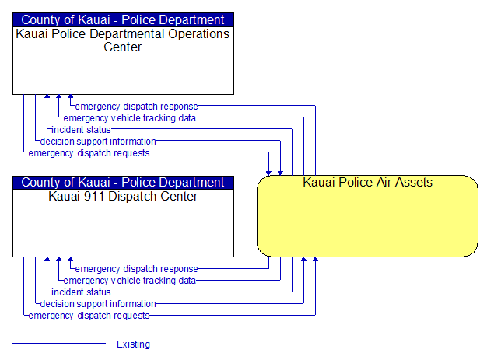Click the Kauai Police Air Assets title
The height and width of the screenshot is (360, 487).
click(x=367, y=182)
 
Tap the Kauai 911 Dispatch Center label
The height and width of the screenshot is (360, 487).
click(x=123, y=197)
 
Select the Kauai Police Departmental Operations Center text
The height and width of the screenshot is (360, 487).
click(x=123, y=40)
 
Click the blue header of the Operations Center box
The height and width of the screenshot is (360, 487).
click(x=123, y=20)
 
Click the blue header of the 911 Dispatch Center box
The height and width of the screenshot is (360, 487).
click(x=123, y=183)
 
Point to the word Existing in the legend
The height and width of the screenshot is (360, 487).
click(x=133, y=344)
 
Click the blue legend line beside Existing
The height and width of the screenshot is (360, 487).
click(x=59, y=343)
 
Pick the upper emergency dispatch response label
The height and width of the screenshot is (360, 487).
click(x=137, y=107)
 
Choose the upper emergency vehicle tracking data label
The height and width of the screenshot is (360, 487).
click(x=129, y=118)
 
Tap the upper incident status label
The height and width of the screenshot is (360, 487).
click(x=81, y=130)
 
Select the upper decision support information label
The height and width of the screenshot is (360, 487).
click(x=98, y=142)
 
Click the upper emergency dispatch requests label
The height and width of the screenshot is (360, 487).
click(x=89, y=153)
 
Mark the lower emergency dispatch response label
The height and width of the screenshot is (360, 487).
click(x=137, y=269)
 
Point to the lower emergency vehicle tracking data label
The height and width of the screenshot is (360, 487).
click(x=129, y=281)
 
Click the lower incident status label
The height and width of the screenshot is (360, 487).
click(x=81, y=292)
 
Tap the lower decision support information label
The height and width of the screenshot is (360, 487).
click(x=98, y=304)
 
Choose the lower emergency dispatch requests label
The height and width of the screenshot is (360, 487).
click(x=89, y=316)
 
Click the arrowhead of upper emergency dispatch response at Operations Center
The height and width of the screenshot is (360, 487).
click(x=71, y=96)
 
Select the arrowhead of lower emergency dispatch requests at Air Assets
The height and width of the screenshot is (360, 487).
click(x=315, y=259)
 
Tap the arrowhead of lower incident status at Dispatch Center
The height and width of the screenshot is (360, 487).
click(x=47, y=259)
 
